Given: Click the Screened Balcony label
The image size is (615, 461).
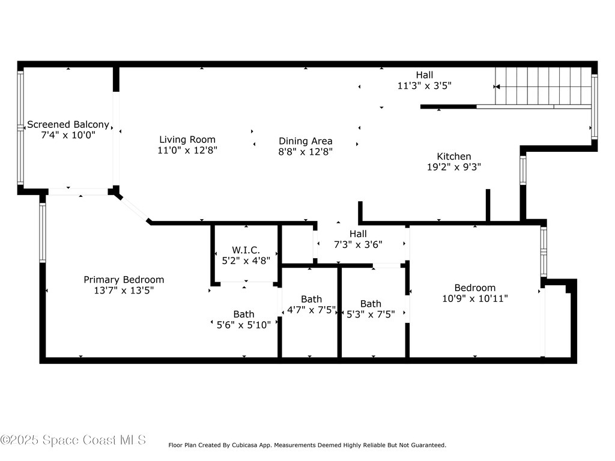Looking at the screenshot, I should (x=68, y=125).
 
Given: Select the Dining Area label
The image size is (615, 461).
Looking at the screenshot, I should (x=305, y=141).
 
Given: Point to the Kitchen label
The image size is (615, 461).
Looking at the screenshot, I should (x=453, y=156).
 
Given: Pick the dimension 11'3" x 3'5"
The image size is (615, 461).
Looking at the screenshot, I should (x=424, y=86).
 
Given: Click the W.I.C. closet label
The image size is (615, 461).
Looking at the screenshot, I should (x=246, y=250).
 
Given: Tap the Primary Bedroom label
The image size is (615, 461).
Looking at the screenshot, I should (x=123, y=280).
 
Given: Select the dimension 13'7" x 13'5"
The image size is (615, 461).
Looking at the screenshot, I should (x=123, y=291).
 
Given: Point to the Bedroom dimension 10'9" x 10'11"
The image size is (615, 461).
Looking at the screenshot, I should (x=474, y=298).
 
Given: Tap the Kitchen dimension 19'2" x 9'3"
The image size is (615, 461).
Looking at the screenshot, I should (x=453, y=167).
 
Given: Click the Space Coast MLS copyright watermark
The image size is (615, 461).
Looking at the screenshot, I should (x=73, y=440).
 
